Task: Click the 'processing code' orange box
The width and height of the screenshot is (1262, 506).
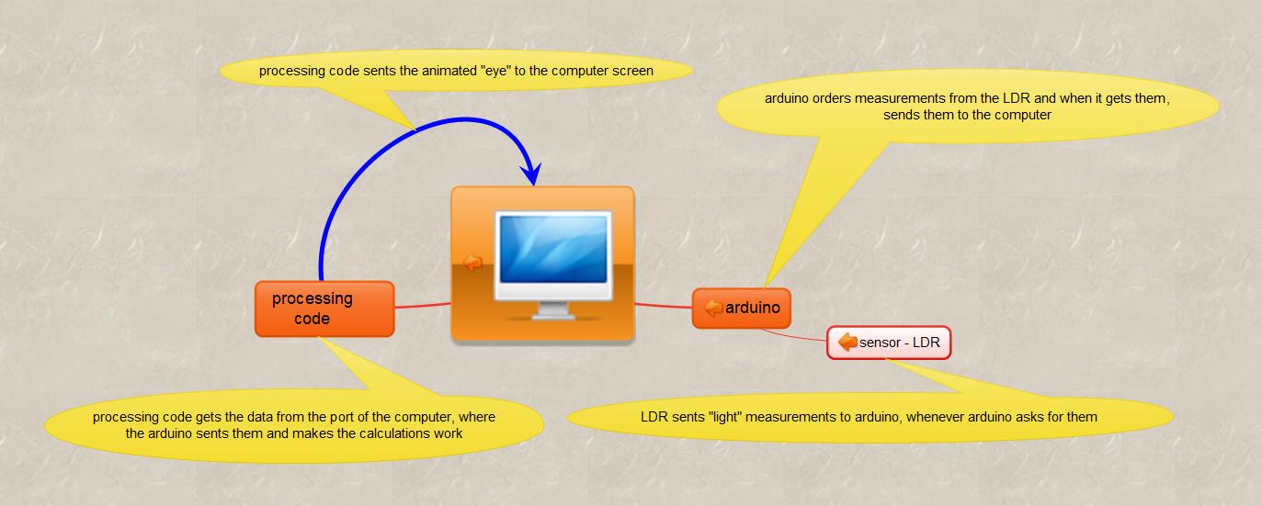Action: click(324, 309)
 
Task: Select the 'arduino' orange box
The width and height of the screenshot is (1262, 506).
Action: click(742, 308)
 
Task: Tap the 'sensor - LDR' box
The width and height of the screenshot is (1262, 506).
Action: click(889, 343)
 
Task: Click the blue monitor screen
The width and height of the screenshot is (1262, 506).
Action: click(553, 249)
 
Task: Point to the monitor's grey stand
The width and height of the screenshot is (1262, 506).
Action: click(552, 310)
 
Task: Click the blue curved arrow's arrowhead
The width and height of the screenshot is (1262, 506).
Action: click(530, 173)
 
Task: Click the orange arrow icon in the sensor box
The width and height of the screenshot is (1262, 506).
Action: click(847, 342)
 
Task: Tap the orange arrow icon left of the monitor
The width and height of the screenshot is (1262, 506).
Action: click(472, 262)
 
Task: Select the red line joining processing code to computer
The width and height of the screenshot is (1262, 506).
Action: click(423, 305)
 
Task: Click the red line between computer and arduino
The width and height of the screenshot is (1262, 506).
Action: click(663, 306)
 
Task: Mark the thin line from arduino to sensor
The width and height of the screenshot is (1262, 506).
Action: click(793, 336)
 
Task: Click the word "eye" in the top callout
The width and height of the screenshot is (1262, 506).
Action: click(495, 71)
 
